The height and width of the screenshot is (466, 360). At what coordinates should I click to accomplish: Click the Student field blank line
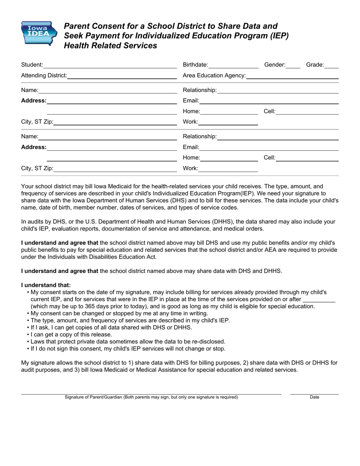pos(110,67)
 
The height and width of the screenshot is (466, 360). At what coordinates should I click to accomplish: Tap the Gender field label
pos(274,65)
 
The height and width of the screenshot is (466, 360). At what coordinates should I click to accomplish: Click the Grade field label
pos(315,65)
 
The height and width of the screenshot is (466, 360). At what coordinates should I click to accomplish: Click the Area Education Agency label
pos(214,75)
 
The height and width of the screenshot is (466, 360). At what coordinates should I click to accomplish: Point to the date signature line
pos(314,394)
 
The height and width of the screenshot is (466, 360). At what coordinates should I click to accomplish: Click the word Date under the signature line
pos(314,397)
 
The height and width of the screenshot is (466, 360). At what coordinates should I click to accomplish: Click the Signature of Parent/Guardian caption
pos(151,397)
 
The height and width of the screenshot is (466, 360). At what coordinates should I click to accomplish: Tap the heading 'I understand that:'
pos(46,285)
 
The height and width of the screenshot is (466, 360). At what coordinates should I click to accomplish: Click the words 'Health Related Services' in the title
pos(110,46)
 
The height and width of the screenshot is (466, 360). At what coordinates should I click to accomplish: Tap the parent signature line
pos(151,394)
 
